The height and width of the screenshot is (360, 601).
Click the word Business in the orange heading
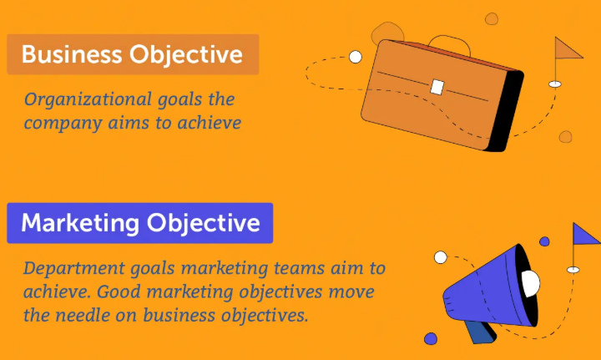click(71, 54)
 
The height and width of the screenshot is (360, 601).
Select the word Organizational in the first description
click(88, 99)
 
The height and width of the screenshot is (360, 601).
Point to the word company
click(63, 124)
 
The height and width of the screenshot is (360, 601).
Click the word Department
click(73, 268)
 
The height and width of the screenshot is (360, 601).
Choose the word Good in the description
click(119, 292)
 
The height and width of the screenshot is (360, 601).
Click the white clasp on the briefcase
click(437, 87)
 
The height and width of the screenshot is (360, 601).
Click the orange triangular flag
click(568, 48)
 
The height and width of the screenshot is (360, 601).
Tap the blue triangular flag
click(585, 234)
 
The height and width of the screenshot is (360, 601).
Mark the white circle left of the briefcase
click(356, 57)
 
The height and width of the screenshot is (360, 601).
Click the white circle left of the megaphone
click(441, 257)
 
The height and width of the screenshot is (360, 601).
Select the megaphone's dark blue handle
click(479, 332)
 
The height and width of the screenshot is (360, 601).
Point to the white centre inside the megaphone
click(531, 283)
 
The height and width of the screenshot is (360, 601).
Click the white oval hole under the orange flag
click(554, 84)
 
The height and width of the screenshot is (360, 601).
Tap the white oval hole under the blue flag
click(573, 270)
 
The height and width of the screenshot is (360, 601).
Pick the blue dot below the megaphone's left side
click(431, 339)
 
